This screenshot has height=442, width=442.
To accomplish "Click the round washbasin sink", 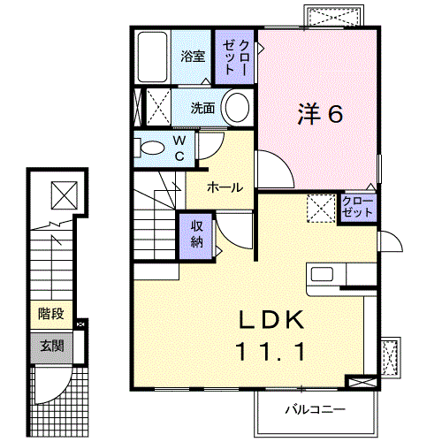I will [237, 109].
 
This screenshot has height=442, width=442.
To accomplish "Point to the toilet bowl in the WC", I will [153, 148].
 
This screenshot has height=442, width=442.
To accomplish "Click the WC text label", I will [178, 148].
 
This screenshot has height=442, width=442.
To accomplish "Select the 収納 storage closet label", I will [197, 234].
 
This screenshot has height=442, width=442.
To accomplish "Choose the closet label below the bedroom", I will [357, 208].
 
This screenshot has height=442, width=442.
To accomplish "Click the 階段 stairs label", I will [50, 314].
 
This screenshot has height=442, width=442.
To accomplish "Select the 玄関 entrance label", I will [50, 346].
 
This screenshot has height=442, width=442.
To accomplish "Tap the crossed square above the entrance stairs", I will [64, 193].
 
